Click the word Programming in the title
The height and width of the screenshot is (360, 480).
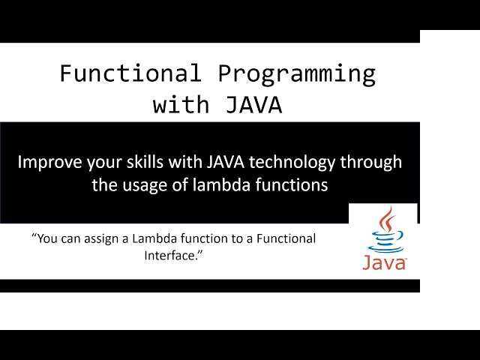[x=297, y=74]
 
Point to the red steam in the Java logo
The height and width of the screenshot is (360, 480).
[x=385, y=220]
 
